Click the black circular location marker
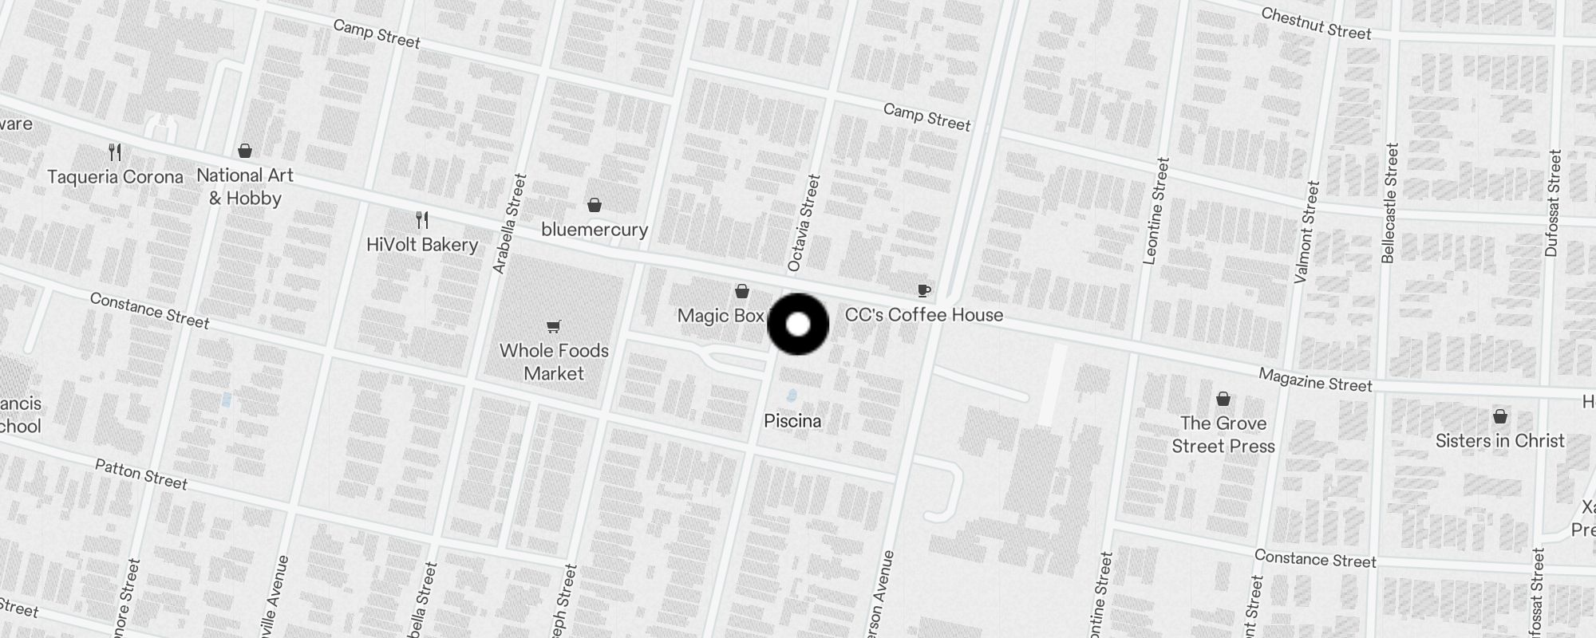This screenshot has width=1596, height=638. [x=798, y=325]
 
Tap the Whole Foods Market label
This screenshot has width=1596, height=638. [x=554, y=362]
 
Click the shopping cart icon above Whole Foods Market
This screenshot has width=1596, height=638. [x=554, y=325]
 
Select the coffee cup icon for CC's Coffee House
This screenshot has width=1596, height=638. [x=923, y=290]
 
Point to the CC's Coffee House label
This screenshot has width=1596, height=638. [x=923, y=315]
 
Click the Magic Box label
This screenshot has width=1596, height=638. [x=721, y=316]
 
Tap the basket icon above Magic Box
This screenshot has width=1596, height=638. [x=742, y=291]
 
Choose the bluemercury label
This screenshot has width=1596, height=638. [x=595, y=230]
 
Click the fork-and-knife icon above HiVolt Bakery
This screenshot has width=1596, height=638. [x=422, y=219]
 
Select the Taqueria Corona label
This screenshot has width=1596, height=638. [x=115, y=177]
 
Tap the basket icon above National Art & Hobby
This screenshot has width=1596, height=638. [x=245, y=151]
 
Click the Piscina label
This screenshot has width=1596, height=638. [x=792, y=421]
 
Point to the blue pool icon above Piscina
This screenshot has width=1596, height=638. [x=792, y=396]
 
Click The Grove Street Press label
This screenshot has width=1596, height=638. [x=1223, y=435]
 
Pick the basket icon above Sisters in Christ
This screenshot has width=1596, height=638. [x=1500, y=416]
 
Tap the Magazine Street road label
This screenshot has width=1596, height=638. [x=1315, y=380]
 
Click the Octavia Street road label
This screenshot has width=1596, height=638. [x=804, y=223]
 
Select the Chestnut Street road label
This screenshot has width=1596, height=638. [x=1316, y=24]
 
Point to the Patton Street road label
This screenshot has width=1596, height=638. [x=141, y=474]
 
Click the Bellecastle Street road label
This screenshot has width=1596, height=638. [x=1390, y=203]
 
